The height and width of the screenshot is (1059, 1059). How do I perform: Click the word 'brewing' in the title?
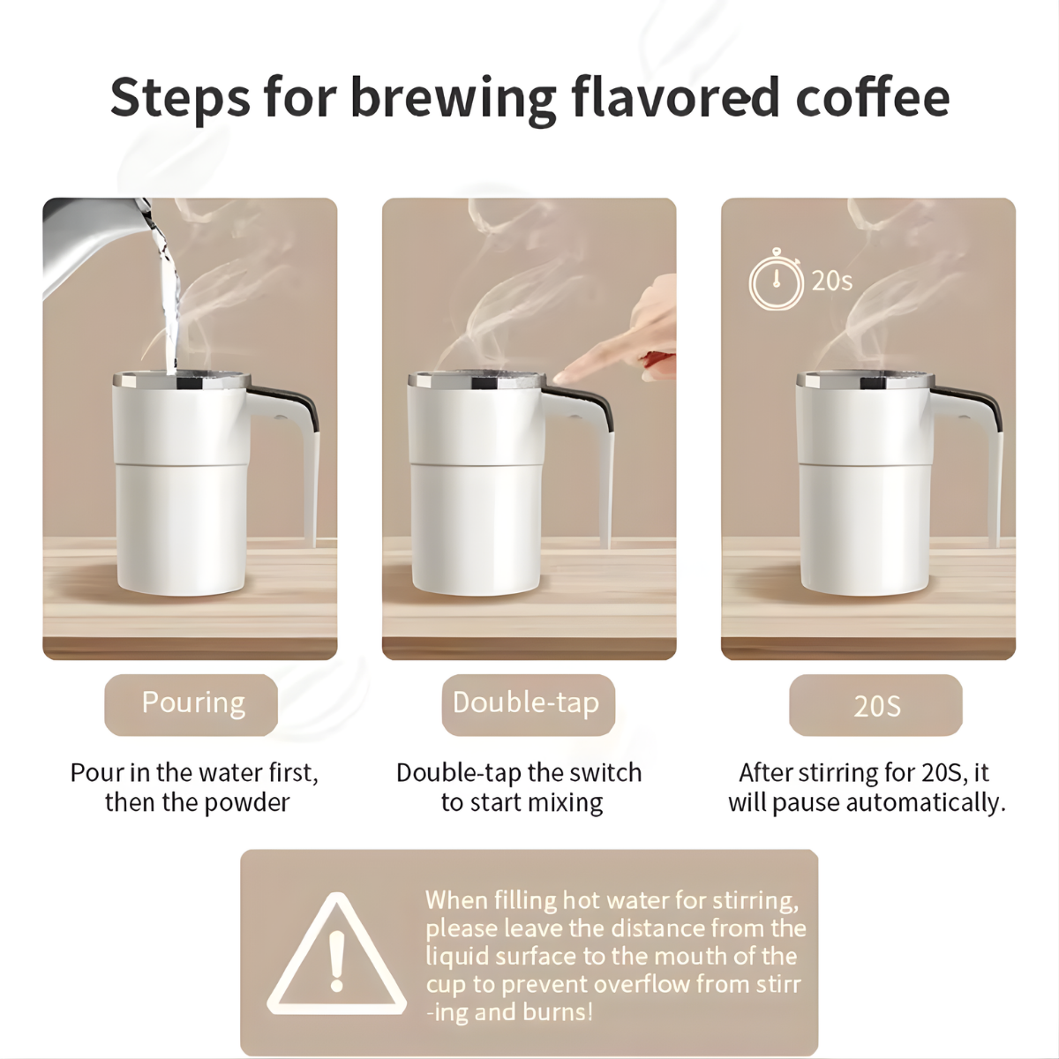click(454, 99)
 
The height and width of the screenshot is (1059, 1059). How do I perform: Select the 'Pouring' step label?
click(192, 704)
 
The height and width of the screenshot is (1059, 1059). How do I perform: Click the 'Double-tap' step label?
click(528, 704)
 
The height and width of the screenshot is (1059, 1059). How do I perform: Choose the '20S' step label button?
click(875, 704)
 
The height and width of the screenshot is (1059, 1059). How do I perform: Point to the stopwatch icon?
click(776, 279)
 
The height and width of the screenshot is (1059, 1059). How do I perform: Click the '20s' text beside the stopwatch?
click(832, 281)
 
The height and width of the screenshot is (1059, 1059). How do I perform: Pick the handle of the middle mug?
click(588, 439)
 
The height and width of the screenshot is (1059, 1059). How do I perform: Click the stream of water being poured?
click(169, 297)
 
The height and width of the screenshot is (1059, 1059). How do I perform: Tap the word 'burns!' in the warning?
click(558, 1011)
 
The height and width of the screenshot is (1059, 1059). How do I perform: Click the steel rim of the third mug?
click(865, 379)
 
